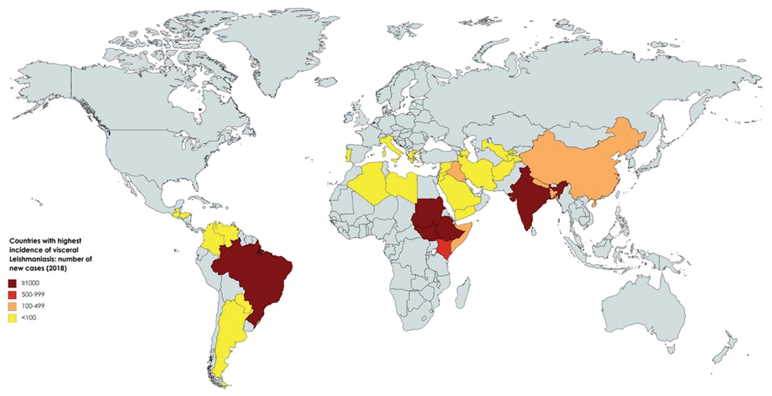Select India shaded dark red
point(527,200)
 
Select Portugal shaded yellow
point(348,155)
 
